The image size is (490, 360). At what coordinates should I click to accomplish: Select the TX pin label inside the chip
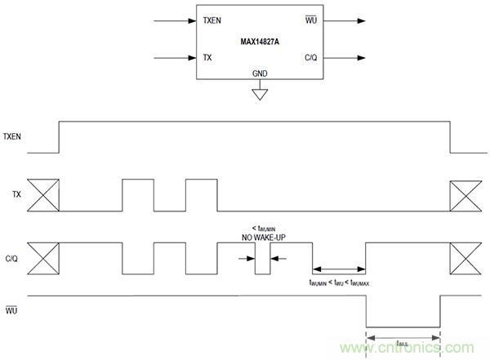point(207,58)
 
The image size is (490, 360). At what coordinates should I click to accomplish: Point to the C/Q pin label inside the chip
point(310,58)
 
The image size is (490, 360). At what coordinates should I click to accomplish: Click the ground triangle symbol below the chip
point(260,96)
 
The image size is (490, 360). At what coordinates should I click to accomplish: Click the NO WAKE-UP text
point(263,238)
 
